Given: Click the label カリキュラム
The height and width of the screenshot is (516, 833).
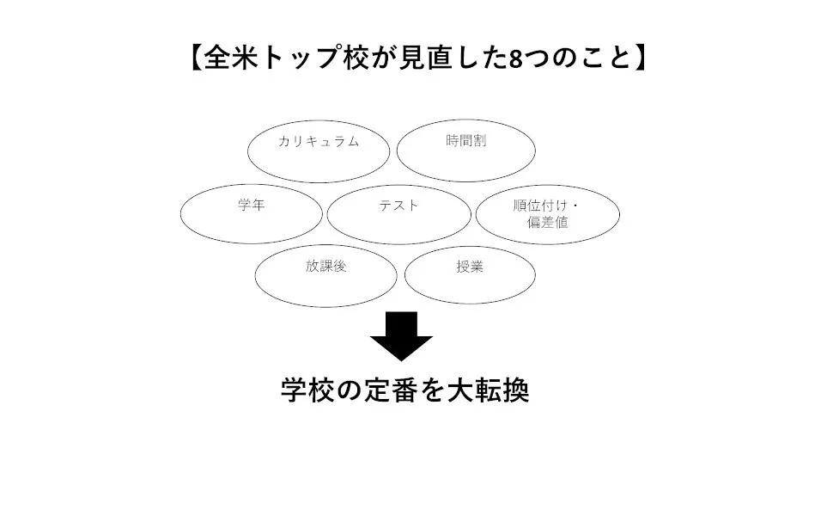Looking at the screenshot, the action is [319, 141].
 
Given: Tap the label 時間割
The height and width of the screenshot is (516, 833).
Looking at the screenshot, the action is [466, 140].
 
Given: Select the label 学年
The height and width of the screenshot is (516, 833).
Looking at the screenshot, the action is [252, 205].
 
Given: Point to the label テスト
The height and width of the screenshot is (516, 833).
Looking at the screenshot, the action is [399, 206].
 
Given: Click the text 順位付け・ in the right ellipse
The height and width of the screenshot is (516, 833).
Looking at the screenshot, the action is [546, 206].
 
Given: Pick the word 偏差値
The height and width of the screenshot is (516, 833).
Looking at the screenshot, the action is [548, 223].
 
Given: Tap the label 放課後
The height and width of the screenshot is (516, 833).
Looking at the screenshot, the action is [325, 266].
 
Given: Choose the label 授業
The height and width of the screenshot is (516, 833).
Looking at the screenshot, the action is [470, 267].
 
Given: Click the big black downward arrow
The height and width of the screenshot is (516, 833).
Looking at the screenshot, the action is [401, 336].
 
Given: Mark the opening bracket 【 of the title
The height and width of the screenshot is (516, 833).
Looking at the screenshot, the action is [195, 58].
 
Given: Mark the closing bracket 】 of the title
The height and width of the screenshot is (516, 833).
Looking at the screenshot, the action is [640, 58].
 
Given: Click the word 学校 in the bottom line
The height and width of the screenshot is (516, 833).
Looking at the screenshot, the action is [307, 391].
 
